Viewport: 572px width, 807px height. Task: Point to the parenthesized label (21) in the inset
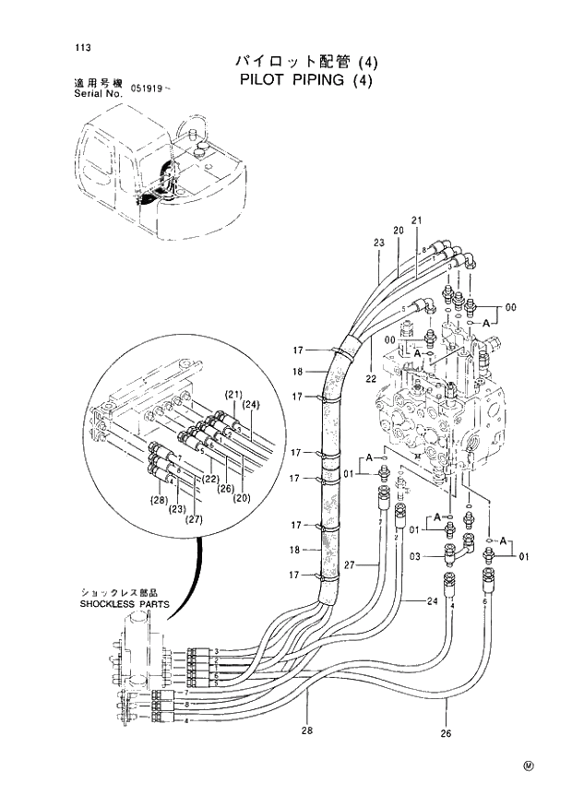tap(233, 395)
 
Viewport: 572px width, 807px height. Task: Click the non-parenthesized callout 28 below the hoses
tap(307, 731)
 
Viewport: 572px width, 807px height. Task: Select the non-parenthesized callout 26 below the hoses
tap(446, 734)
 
